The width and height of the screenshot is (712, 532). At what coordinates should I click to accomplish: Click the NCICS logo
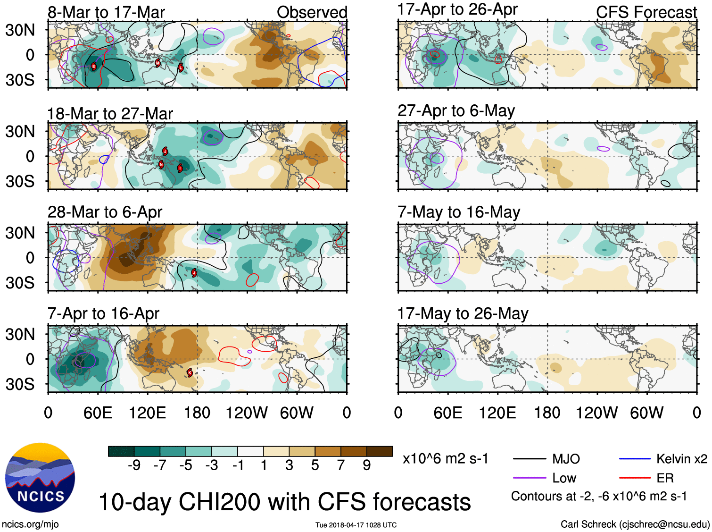[40, 477]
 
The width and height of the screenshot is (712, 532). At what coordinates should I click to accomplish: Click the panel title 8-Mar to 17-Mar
[106, 12]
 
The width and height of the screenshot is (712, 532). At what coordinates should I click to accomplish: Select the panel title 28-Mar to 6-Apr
[105, 212]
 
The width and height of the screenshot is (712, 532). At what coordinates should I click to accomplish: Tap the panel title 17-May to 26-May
[463, 313]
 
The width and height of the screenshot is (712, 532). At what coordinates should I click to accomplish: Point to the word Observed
[312, 12]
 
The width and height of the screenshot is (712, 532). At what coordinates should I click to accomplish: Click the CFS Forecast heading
[646, 12]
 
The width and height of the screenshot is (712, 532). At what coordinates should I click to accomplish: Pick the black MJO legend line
[529, 459]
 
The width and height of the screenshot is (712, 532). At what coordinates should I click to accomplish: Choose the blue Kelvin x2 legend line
[635, 459]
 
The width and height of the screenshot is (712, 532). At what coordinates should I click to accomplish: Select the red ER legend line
[635, 478]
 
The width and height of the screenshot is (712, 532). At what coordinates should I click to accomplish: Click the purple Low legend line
[529, 478]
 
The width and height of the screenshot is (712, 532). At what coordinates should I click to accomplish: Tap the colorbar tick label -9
[134, 465]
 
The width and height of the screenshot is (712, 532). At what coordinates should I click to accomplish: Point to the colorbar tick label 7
[341, 465]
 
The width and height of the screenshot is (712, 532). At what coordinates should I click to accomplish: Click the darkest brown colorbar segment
[380, 451]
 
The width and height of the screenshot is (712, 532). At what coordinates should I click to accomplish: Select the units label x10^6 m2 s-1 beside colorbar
[446, 459]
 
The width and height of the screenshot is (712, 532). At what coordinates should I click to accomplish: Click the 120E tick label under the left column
[148, 413]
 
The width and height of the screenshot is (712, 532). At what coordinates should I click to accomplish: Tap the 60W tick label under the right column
[646, 413]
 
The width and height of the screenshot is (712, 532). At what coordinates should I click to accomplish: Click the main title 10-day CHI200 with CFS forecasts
[285, 502]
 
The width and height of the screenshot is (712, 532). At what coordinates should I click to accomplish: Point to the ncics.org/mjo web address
[30, 524]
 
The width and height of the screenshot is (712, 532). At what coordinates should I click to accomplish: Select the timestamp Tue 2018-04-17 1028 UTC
[356, 525]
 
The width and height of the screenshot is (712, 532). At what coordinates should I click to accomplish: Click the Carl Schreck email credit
[635, 524]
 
